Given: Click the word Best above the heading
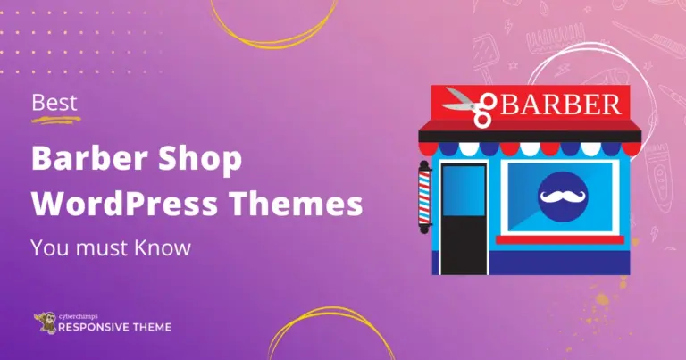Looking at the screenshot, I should click(54, 103).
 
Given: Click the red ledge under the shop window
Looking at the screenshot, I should click(560, 239).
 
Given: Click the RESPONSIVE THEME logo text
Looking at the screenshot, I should click(113, 328).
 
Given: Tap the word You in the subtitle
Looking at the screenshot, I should click(47, 247).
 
